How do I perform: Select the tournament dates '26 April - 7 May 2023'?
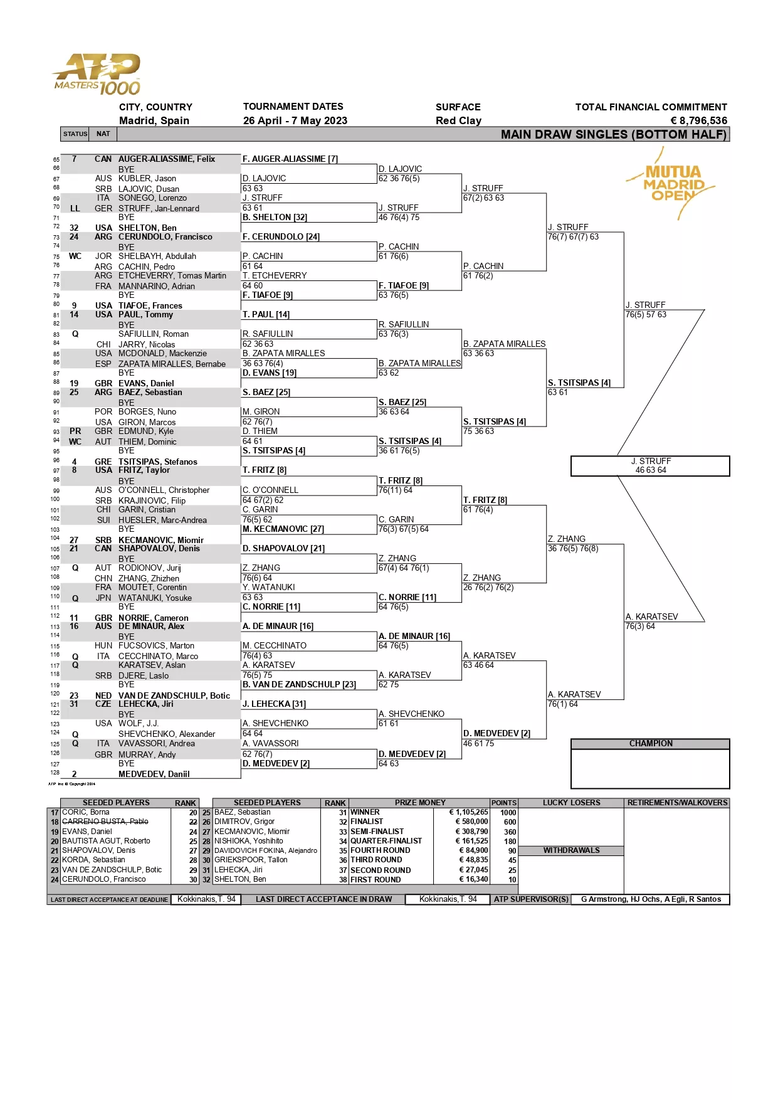coord(295,120)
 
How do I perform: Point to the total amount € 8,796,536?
coord(698,120)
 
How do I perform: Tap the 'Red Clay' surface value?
coord(458,120)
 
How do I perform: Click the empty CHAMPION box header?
coord(650,744)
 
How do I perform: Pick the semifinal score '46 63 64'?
coord(651,470)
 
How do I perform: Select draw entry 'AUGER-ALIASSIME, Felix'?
coord(166,159)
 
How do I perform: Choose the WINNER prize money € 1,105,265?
coord(468,812)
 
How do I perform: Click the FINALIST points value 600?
coord(510,822)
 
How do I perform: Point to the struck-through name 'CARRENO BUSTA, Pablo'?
coord(105,822)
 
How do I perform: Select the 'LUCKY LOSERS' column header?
coord(571,803)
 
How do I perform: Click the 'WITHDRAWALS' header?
coord(571,850)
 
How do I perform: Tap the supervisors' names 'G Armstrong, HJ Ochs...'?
coord(651,899)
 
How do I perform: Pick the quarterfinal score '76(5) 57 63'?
coord(646,314)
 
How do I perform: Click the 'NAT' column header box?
coord(103,134)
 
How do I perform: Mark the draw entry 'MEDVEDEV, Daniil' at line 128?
coord(154,774)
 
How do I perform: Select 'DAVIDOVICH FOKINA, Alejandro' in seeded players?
coord(266,850)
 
